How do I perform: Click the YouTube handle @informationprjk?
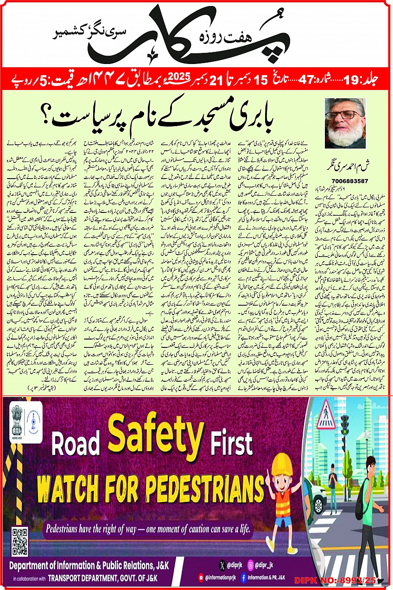coord(228,577)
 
